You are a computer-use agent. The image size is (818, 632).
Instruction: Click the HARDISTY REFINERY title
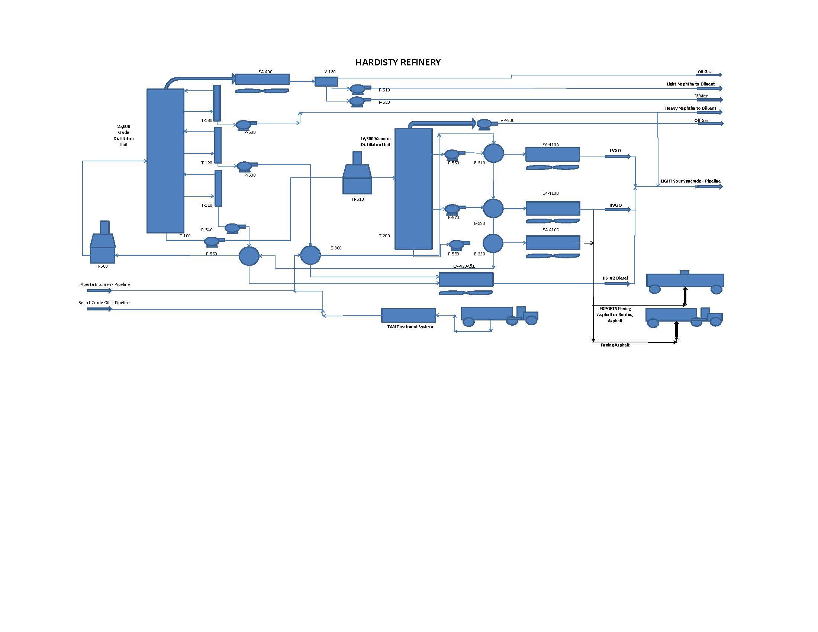398,62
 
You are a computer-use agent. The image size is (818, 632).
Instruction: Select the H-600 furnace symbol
103,245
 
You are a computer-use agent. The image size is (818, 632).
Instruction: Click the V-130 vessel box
326,81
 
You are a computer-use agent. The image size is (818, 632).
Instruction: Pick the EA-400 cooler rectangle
262,79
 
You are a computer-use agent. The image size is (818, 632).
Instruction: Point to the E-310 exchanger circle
493,153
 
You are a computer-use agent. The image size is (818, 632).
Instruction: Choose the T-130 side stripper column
217,103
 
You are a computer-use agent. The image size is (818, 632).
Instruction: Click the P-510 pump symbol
359,89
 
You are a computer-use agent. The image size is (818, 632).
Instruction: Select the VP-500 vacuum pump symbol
484,123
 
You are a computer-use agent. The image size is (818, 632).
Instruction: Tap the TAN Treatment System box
408,315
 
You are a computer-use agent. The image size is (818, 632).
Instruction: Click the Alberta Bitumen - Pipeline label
104,284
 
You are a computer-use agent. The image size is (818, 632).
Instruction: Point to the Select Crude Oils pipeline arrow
99,309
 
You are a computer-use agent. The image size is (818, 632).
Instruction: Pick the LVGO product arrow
618,156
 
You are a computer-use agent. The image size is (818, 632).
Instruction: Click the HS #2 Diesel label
615,278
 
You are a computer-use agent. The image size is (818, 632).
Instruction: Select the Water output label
701,96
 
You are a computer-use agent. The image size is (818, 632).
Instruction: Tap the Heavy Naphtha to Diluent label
690,108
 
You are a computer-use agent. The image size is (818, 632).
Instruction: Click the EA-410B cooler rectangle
553,208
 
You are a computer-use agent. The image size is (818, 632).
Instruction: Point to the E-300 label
336,248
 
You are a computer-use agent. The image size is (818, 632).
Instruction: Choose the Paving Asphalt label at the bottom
615,345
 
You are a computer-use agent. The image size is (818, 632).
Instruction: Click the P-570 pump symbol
453,209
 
